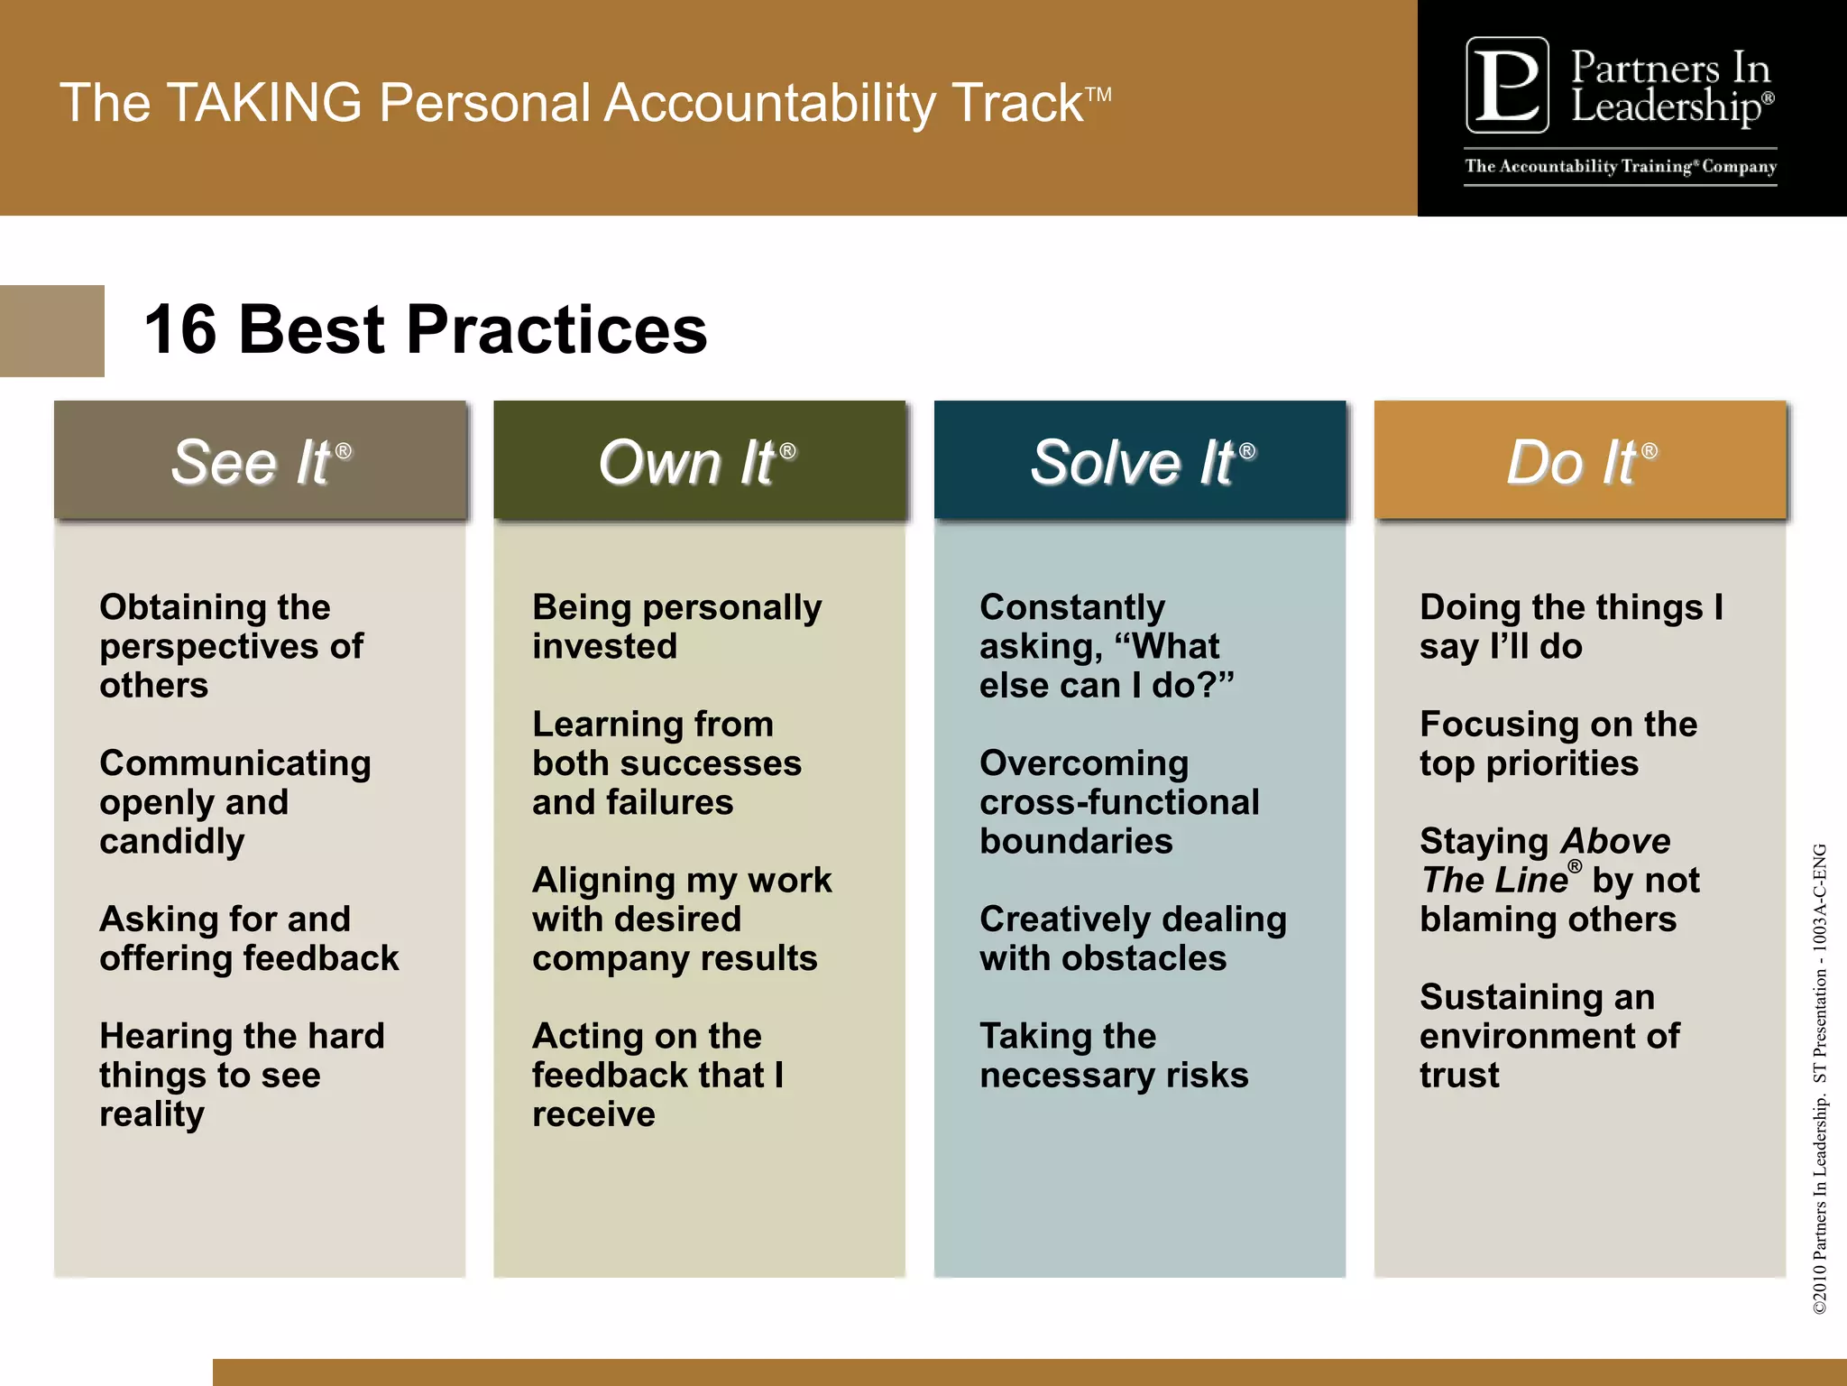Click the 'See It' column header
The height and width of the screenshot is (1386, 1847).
tap(261, 461)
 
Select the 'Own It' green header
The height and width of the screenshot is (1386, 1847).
tap(699, 461)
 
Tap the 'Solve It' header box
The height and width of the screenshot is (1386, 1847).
tap(1140, 461)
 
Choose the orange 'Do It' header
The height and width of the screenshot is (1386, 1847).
tap(1580, 461)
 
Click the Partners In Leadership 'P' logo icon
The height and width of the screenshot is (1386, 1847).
tap(1507, 85)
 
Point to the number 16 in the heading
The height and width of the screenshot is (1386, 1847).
tap(180, 329)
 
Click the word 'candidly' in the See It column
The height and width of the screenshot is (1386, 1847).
tap(172, 842)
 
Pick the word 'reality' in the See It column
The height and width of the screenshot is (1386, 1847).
tap(152, 1114)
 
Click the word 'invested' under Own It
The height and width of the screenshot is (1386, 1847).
tap(604, 646)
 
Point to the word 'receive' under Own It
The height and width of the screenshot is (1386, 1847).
tap(593, 1114)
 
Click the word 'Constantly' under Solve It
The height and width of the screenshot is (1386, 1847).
tap(1072, 607)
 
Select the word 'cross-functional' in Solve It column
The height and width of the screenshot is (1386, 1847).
tap(1119, 802)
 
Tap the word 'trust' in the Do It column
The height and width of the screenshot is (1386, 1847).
tap(1459, 1076)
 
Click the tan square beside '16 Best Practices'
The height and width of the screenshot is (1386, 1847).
tap(51, 330)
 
